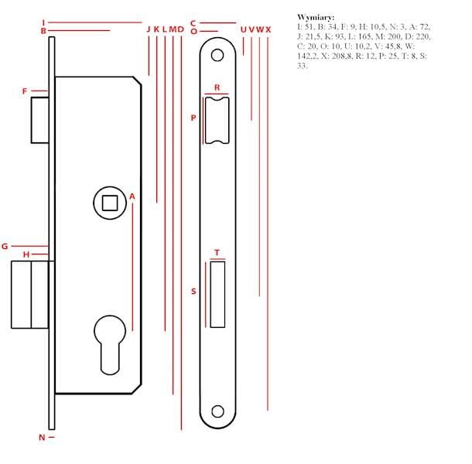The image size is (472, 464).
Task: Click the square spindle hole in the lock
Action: (x=110, y=203)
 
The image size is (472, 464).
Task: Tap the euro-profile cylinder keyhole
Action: (x=110, y=345)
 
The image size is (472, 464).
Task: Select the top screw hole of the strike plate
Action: (x=217, y=55)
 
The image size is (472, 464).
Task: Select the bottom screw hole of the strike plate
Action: (x=217, y=411)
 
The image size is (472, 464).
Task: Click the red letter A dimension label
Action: (x=132, y=196)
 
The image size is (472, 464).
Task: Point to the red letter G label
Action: (x=5, y=247)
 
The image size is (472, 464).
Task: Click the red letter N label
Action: (x=42, y=438)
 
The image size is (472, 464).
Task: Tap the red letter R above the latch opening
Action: (x=217, y=87)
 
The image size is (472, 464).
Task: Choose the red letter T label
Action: (x=217, y=252)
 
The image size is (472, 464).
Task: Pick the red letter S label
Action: (x=193, y=292)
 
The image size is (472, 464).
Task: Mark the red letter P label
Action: (x=193, y=118)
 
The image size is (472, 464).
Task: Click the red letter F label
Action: (x=25, y=91)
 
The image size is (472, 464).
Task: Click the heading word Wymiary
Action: (x=316, y=17)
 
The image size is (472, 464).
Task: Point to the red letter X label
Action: (x=268, y=29)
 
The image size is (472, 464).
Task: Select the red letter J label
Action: (x=148, y=29)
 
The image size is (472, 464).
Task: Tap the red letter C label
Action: (x=193, y=23)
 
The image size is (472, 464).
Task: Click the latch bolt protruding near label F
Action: (x=39, y=120)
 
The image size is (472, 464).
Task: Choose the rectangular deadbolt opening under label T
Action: (x=217, y=295)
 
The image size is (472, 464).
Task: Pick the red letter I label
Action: (x=43, y=22)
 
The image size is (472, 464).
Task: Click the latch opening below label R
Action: (x=217, y=121)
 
